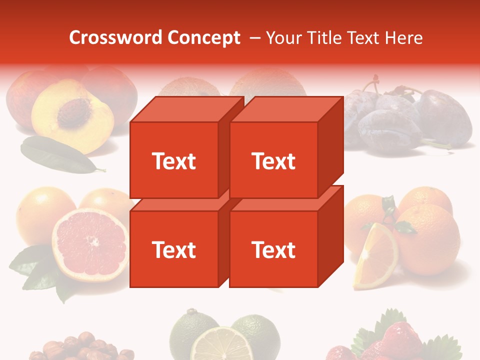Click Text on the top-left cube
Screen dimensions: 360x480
click(x=174, y=161)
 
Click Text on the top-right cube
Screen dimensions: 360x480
click(x=273, y=161)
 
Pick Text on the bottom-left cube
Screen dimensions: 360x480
click(x=174, y=249)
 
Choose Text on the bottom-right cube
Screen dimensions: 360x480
click(x=273, y=249)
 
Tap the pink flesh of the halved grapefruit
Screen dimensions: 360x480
click(x=90, y=245)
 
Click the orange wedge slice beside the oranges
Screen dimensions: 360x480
click(x=375, y=257)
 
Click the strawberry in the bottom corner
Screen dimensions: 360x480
click(x=400, y=340)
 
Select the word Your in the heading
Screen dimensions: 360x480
click(x=283, y=38)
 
